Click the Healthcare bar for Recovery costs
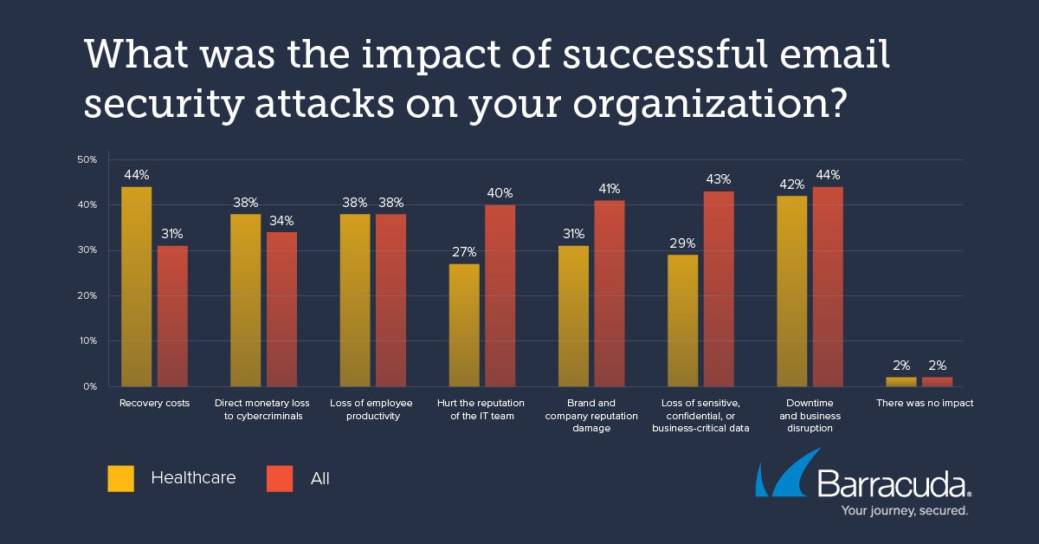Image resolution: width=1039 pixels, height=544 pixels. coord(136,286)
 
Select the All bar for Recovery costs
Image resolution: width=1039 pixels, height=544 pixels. coord(172,315)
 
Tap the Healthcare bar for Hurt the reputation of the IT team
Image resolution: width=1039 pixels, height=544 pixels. coord(464,325)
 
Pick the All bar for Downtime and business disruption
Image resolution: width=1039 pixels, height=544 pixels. coord(828,286)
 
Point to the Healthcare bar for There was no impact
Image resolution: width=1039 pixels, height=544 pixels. coord(901,381)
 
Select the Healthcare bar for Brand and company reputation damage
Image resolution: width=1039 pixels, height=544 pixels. coord(573,315)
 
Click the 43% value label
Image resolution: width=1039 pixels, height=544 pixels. coord(719,179)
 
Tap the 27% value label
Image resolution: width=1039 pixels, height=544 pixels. coord(464,252)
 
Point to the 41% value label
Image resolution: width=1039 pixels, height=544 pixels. coord(610,189)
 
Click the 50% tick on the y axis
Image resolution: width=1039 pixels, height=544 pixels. coord(87,160)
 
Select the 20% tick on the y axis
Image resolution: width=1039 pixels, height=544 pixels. coord(87,295)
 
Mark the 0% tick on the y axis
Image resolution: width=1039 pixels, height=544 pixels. coord(89,386)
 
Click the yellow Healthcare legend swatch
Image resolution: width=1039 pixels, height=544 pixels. coord(120,478)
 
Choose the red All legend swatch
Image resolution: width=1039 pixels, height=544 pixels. coord(280,478)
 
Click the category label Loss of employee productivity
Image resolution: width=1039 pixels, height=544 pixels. coord(371,410)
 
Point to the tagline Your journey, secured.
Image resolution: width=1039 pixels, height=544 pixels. coord(905,511)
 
